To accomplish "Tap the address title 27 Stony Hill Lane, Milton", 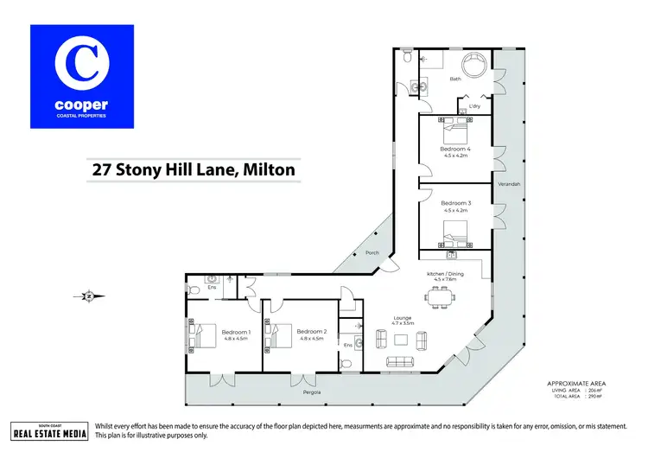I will click(x=194, y=170).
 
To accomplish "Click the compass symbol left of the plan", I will click(x=87, y=296).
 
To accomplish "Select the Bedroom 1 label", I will click(x=235, y=332).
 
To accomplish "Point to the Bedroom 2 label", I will click(x=311, y=331).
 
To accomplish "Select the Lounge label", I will click(x=403, y=317).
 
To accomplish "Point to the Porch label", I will click(x=372, y=253).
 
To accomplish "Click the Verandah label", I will click(x=509, y=185).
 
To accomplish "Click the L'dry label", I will click(x=474, y=106).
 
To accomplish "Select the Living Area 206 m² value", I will click(x=594, y=391).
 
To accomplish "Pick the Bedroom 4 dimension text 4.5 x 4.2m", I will click(x=455, y=156).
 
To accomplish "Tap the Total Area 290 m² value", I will click(x=594, y=397).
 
